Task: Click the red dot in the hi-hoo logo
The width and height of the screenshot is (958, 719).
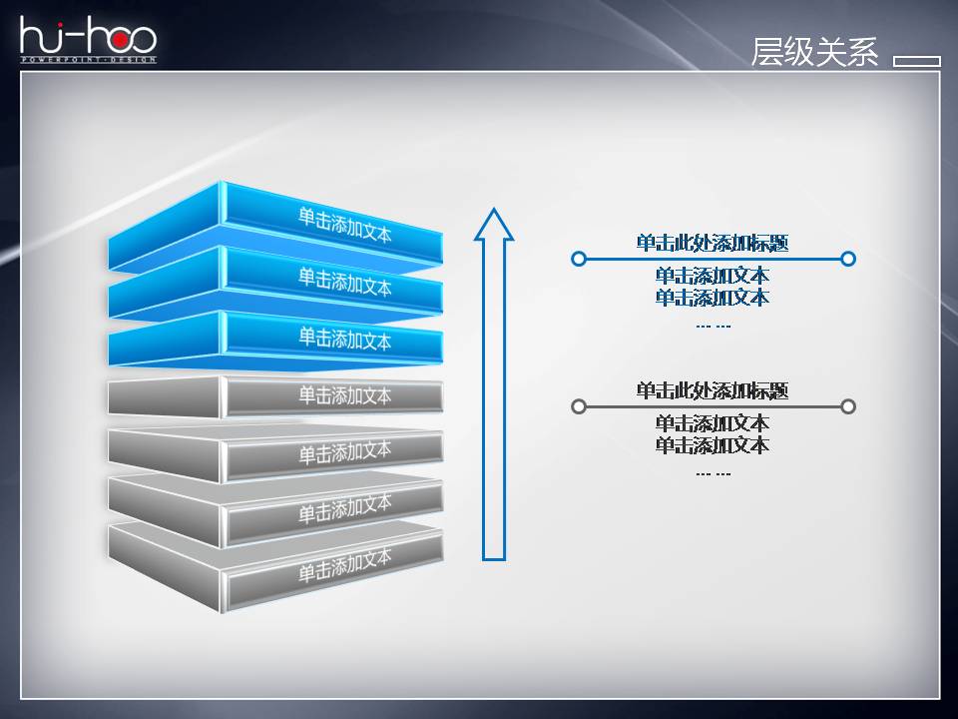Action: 118,39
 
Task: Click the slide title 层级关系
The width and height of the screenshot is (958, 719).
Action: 814,53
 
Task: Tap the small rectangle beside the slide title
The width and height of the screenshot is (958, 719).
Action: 916,61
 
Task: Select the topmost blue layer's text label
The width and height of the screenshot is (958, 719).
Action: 345,225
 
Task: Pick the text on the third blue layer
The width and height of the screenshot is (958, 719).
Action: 345,339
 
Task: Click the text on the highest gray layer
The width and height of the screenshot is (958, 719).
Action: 345,395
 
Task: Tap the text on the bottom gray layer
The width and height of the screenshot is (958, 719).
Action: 345,566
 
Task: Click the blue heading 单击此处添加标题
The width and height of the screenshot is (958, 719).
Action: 713,243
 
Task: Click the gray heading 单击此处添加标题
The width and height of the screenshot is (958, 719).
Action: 713,390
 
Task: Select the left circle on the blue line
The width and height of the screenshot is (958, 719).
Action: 578,259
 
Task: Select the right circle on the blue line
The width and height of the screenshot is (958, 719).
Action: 848,259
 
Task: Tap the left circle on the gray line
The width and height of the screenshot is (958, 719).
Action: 578,406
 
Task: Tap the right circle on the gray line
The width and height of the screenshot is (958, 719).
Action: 848,406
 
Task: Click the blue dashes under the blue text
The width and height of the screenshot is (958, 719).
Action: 713,326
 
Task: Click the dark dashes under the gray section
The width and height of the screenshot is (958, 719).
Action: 713,473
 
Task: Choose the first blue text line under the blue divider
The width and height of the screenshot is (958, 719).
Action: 713,276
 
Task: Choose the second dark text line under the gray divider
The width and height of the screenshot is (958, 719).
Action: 713,445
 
